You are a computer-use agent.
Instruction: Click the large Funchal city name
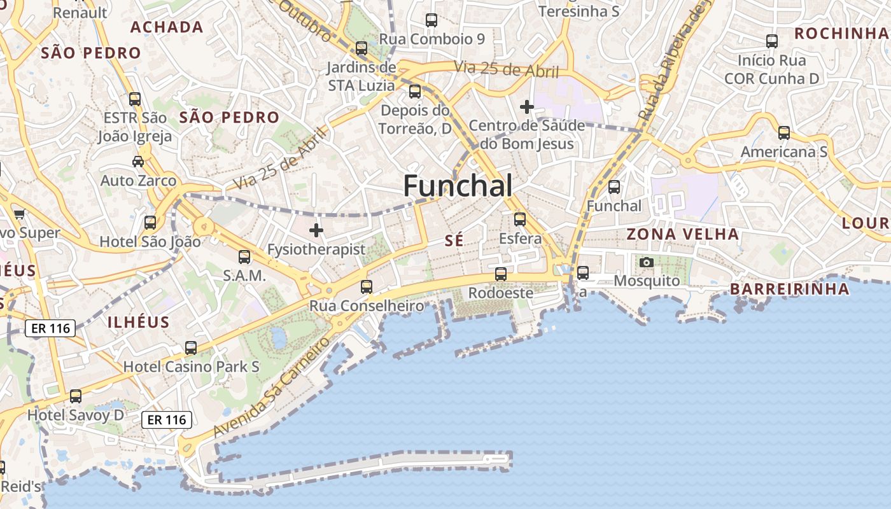click(x=458, y=186)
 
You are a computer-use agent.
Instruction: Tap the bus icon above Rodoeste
click(x=501, y=274)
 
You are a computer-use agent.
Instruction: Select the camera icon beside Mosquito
click(x=646, y=262)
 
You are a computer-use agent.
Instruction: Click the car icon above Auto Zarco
click(x=138, y=162)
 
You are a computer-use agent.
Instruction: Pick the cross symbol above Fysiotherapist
click(x=316, y=230)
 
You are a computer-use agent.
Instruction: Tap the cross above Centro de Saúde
click(x=527, y=107)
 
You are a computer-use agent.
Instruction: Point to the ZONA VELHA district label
click(x=683, y=234)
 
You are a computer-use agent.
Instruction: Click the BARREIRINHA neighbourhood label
click(x=789, y=289)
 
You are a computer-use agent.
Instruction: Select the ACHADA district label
click(x=167, y=27)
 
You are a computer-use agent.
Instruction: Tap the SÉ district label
click(x=454, y=241)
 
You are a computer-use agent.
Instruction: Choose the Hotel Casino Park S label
click(x=191, y=367)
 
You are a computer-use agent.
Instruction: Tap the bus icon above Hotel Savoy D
click(x=76, y=396)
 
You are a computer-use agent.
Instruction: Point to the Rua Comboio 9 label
click(x=431, y=39)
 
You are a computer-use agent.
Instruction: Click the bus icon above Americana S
click(x=784, y=133)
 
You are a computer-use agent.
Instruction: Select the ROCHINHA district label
click(x=841, y=33)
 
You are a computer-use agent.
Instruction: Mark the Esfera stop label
click(x=520, y=239)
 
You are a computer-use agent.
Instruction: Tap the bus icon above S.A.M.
click(x=244, y=257)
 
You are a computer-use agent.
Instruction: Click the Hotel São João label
click(x=150, y=242)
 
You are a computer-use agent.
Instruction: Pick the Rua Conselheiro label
click(x=367, y=306)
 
